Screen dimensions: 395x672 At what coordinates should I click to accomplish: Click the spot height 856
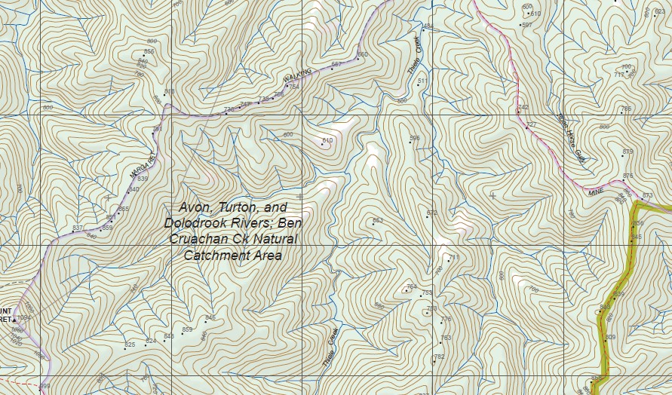coord(149,52)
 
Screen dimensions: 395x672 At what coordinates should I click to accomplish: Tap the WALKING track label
coord(298,75)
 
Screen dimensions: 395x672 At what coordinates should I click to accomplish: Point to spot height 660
coord(362,55)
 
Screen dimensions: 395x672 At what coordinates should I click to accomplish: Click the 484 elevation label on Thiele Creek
coord(428,27)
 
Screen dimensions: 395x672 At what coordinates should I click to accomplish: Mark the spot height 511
coord(422,81)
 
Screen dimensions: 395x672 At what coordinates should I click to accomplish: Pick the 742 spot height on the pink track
coord(523,108)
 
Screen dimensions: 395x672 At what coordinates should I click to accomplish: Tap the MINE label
coord(597,192)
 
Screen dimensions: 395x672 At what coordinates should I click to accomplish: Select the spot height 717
coord(618,75)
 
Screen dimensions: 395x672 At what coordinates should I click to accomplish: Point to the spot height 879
coord(628,152)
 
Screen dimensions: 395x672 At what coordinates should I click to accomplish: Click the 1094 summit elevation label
coord(25,318)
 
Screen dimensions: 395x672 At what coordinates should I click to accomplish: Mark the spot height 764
coord(410,287)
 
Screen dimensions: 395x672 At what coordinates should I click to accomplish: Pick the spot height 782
coord(438,357)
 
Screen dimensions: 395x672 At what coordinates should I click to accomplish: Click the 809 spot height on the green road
coord(610,337)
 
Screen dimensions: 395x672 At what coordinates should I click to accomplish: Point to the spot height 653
coord(377,221)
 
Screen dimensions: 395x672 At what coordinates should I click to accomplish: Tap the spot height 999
coord(44,387)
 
